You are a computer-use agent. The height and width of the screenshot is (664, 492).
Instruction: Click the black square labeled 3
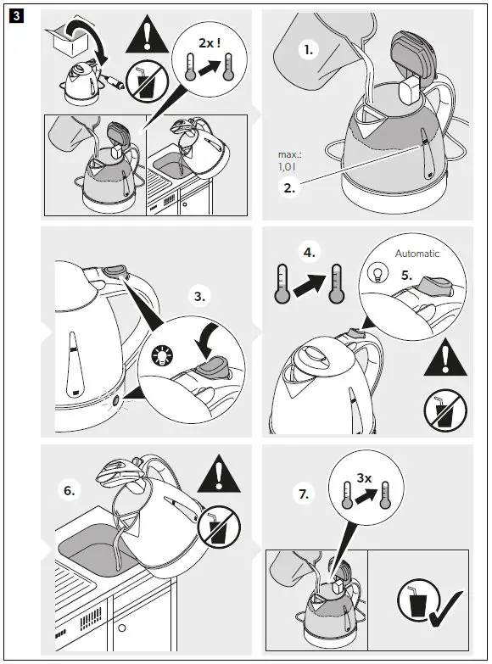pos(16,16)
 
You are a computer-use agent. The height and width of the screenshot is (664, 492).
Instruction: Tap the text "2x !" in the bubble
pos(210,42)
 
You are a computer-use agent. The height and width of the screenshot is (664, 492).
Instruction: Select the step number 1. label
pos(308,50)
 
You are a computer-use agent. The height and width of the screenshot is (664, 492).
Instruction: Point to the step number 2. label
pos(289,187)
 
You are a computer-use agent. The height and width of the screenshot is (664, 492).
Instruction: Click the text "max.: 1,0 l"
pos(290,161)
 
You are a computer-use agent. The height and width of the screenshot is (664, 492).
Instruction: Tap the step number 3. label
pos(199,296)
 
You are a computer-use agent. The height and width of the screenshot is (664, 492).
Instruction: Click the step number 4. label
pos(310,253)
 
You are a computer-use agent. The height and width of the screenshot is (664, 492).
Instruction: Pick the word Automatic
pos(417,254)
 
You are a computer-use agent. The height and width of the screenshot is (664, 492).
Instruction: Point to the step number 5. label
pos(406,276)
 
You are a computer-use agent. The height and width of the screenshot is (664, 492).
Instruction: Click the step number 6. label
pos(69,491)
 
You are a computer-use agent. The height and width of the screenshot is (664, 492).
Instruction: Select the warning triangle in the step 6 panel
pos(219,474)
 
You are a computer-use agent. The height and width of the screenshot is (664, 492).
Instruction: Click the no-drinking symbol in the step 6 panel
pos(219,527)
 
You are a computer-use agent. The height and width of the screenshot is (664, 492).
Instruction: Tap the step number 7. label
pos(304,494)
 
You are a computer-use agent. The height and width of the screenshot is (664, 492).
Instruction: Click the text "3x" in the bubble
pos(364,478)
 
